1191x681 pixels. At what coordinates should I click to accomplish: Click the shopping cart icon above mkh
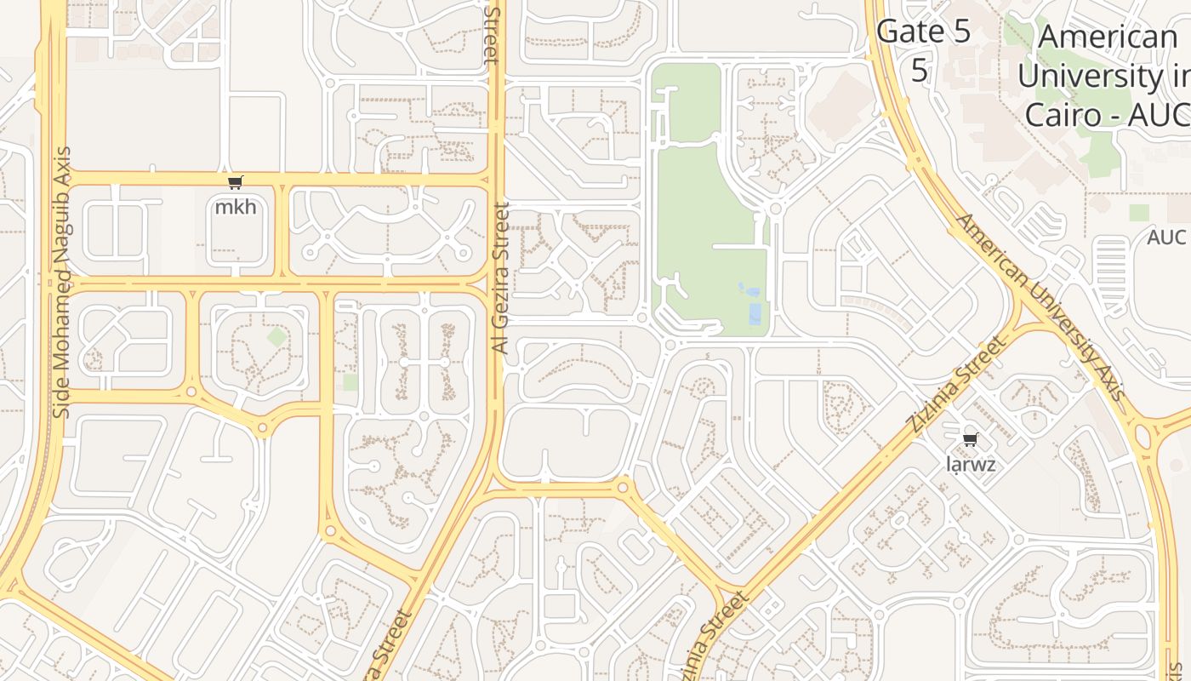[x=236, y=182]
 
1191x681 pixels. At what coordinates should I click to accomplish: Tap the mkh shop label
[x=236, y=207]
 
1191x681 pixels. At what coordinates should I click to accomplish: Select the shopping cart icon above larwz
[x=970, y=440]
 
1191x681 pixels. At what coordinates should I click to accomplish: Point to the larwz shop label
[x=971, y=465]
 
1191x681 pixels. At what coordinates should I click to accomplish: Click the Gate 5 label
[x=923, y=32]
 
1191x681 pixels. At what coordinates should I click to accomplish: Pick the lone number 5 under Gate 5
[x=920, y=70]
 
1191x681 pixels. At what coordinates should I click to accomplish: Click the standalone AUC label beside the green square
[x=1166, y=237]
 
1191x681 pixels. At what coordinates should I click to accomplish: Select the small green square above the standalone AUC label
[x=1139, y=213]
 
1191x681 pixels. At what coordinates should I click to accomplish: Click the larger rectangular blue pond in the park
[x=754, y=314]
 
